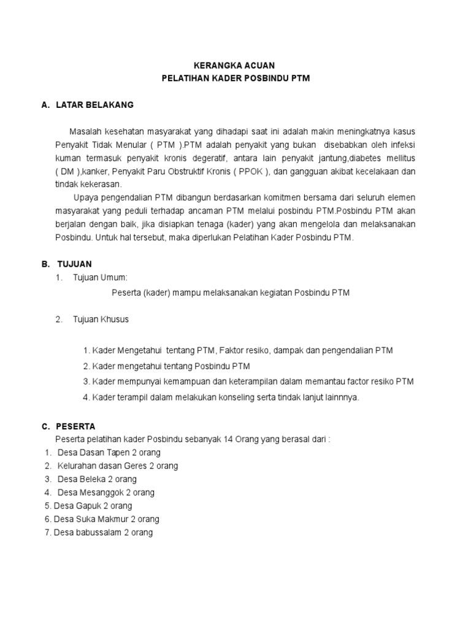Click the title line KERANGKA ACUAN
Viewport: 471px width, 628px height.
pyautogui.click(x=235, y=66)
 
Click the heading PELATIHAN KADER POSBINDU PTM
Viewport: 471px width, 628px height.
pyautogui.click(x=235, y=80)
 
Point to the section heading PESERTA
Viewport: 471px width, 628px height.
pyautogui.click(x=75, y=426)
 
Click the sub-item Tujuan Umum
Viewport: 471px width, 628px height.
pyautogui.click(x=100, y=278)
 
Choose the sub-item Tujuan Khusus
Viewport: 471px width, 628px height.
pyautogui.click(x=101, y=320)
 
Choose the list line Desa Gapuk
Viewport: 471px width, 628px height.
pyautogui.click(x=93, y=506)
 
